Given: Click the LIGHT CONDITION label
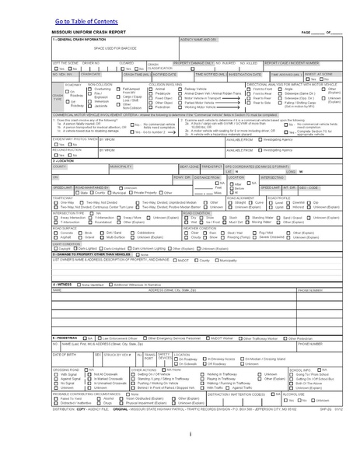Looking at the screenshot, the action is coord(68,244).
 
